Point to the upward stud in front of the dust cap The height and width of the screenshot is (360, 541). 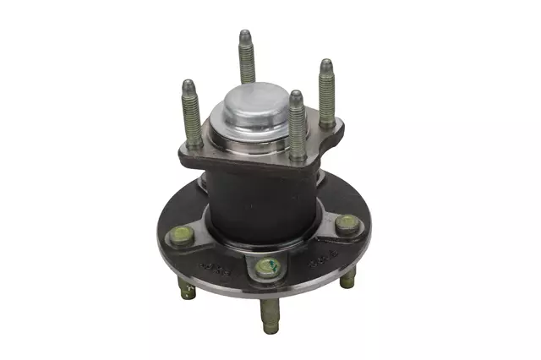point(296,127)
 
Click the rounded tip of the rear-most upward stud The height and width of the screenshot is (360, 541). point(243,35)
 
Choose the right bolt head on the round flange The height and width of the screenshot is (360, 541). point(346,225)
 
